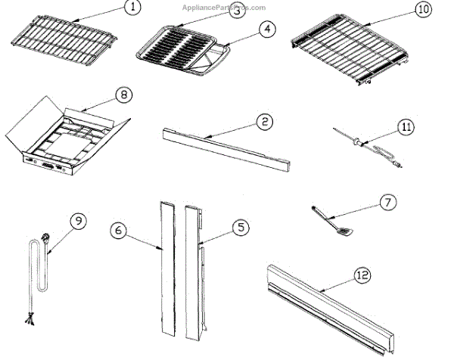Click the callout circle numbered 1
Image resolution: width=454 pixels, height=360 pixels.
coord(132,8)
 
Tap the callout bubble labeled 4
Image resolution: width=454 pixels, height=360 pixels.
coord(266,30)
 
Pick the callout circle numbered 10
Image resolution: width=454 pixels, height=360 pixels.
coord(421,10)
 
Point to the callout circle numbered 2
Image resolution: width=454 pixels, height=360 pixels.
coord(263,121)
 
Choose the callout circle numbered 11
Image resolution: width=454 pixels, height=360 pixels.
coord(407,128)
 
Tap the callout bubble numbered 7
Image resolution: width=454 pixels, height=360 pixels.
coord(387,202)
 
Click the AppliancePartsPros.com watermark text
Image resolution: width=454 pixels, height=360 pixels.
coord(224,7)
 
